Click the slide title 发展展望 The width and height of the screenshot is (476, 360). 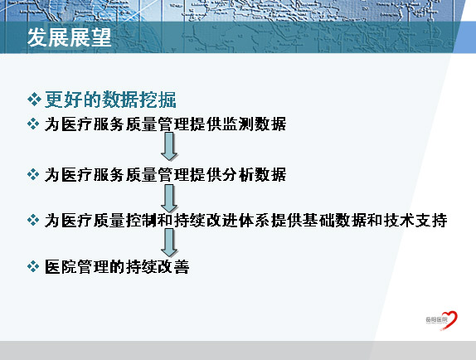(x=69, y=37)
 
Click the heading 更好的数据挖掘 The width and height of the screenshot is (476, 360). (x=110, y=100)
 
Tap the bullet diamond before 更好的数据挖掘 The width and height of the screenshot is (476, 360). (x=34, y=100)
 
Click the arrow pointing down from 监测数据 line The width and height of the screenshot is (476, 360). (x=169, y=146)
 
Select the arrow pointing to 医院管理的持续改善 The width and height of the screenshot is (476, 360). (x=169, y=242)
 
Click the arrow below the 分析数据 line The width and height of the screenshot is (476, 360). (x=169, y=198)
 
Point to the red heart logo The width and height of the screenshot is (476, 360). (x=450, y=320)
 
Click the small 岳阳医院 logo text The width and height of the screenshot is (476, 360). (x=436, y=319)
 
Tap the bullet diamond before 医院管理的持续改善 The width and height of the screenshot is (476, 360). (x=33, y=266)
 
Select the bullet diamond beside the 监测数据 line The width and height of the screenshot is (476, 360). (x=33, y=124)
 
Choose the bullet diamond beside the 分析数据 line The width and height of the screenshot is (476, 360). (x=33, y=174)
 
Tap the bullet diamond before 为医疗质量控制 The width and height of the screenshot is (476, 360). (x=33, y=220)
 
